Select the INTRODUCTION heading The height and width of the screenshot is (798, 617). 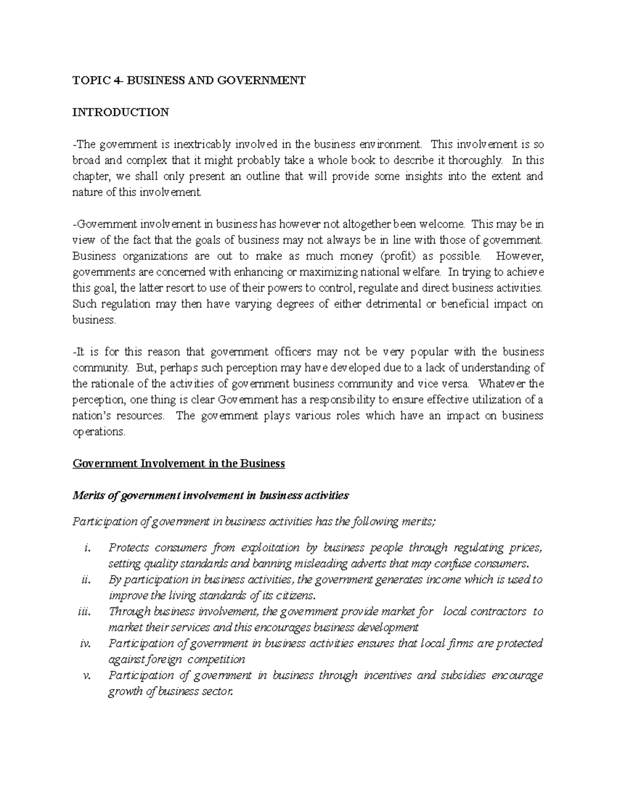120,112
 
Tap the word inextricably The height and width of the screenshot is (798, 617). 198,144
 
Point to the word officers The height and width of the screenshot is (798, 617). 293,352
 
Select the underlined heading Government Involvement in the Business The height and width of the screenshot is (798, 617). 178,463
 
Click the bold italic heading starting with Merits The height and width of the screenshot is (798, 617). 210,495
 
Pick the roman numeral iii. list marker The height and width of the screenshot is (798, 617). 84,611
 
